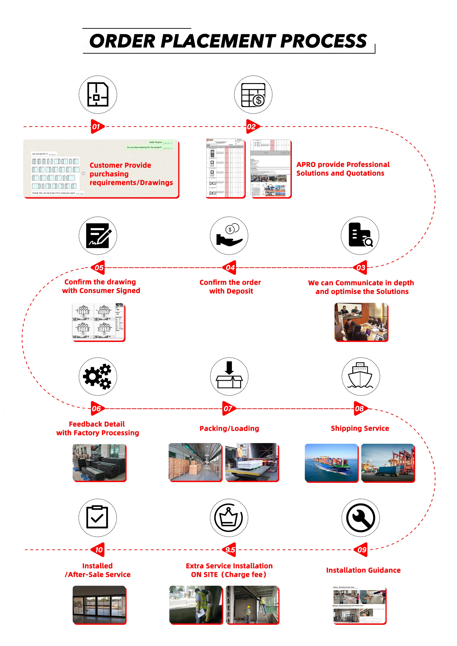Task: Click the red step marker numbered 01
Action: click(97, 127)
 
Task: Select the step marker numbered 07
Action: click(228, 409)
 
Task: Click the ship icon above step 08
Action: click(360, 376)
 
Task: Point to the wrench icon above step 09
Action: click(360, 518)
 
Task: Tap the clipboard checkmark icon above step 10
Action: click(97, 518)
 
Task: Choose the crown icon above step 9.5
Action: click(229, 518)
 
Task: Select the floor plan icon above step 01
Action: click(98, 95)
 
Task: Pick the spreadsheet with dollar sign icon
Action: click(253, 95)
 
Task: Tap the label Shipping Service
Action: click(360, 428)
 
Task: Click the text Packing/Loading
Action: click(229, 428)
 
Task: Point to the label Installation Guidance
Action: click(363, 570)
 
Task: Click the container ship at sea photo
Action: click(331, 462)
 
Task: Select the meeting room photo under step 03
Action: click(361, 322)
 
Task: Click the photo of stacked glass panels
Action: click(99, 462)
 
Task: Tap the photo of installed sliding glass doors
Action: click(99, 604)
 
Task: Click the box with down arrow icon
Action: click(229, 376)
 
